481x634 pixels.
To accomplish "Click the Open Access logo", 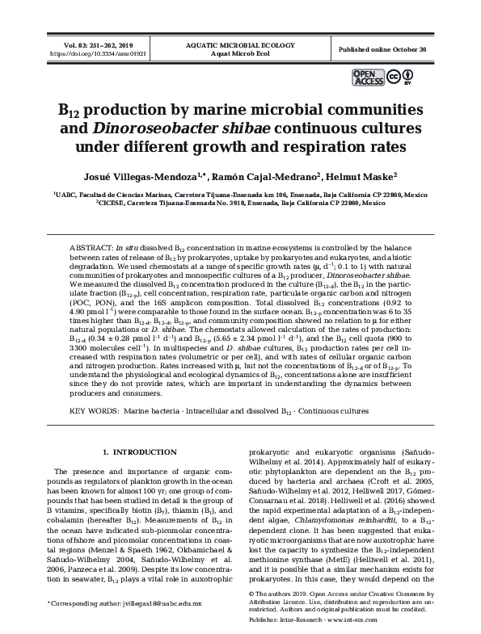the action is pos(367,77).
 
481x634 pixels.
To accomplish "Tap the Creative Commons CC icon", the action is pos(393,77).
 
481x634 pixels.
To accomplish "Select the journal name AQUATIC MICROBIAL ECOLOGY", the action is pos(240,44).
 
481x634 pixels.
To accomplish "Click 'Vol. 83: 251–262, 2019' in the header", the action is pos(91,44).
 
